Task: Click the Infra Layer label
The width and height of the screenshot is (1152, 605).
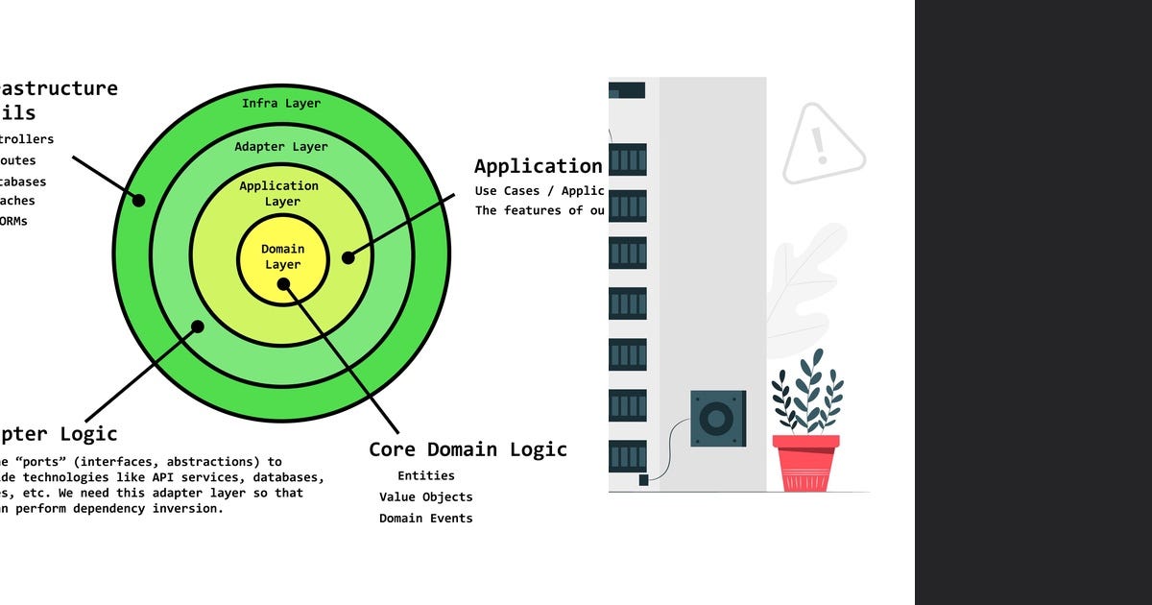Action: (x=281, y=103)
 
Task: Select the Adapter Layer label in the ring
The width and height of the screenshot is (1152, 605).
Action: (x=281, y=147)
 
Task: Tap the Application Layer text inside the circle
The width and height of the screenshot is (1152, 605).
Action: (x=278, y=193)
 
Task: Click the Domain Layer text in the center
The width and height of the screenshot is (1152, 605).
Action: (x=282, y=256)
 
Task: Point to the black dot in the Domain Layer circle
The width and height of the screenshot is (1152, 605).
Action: (x=284, y=284)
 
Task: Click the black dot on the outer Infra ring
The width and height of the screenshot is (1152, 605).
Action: (x=138, y=200)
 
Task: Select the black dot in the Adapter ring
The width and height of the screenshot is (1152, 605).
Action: (x=198, y=327)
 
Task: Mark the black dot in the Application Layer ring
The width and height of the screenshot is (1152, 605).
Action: (x=348, y=257)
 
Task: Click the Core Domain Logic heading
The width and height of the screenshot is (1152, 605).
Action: (x=468, y=449)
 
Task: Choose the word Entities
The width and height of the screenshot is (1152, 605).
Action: (x=426, y=475)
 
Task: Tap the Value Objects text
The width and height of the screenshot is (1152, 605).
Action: (x=426, y=496)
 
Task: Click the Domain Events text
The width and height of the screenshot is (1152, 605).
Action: (x=426, y=519)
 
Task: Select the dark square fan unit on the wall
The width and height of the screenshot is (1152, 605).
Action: (x=717, y=419)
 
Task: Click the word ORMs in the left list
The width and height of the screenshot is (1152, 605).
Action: (x=13, y=221)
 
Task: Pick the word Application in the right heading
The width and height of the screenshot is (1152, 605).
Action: (x=538, y=166)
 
